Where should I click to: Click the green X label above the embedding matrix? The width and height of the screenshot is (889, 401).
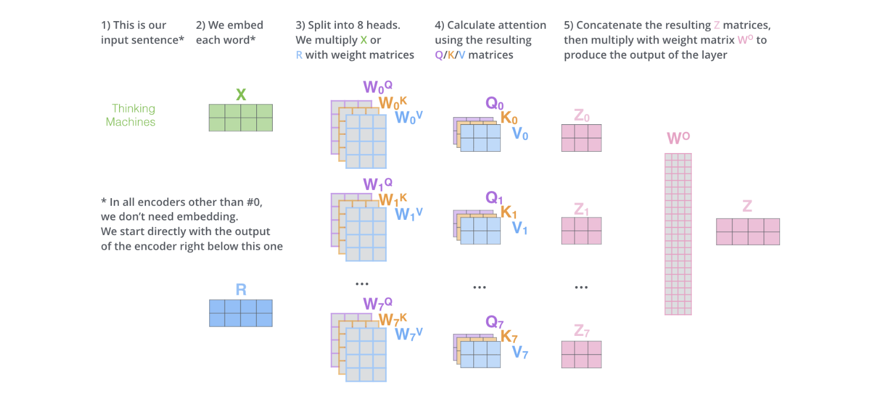(240, 95)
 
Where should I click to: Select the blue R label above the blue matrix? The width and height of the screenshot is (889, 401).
(240, 289)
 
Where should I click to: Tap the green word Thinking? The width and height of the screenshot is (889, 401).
(134, 108)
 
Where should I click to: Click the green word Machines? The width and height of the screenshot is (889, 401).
(131, 122)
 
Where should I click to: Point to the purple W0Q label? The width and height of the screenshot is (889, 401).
(378, 87)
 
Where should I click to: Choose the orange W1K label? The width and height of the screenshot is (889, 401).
(392, 200)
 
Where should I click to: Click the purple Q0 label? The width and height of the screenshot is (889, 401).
(494, 104)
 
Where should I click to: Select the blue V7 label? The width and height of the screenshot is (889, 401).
(520, 352)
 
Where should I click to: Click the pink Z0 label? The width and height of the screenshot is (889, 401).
(582, 116)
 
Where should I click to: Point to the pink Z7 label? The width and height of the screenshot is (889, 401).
(582, 332)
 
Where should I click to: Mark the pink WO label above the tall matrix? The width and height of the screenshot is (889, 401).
(678, 139)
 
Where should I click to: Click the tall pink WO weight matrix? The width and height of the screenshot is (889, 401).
(678, 234)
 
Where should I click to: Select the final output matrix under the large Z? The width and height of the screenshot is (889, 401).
(748, 231)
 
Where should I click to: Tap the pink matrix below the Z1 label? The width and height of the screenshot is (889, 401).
(581, 230)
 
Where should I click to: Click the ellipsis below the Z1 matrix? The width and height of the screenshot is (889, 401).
(581, 288)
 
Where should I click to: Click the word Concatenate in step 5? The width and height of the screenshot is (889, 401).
(613, 25)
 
